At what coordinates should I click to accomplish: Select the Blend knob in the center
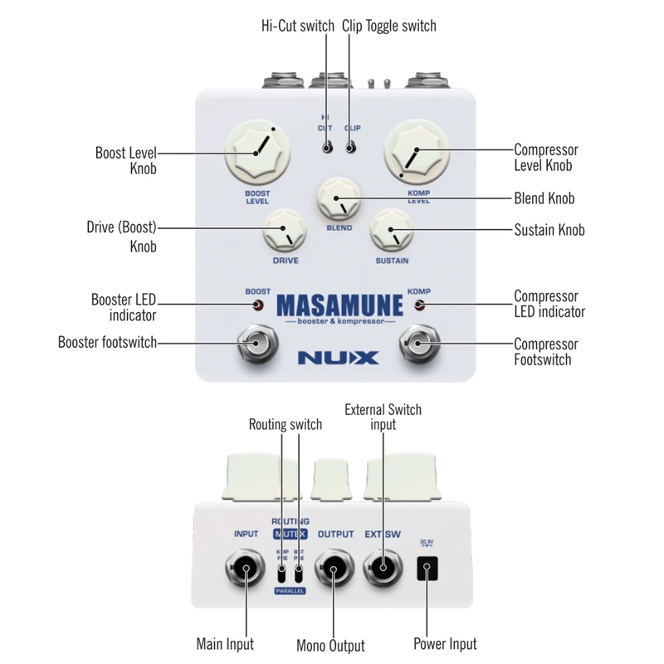coord(336,200)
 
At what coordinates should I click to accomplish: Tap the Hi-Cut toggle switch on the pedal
coord(327,148)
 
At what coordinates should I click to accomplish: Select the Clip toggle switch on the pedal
coord(350,148)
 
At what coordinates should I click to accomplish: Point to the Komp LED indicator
coord(418,305)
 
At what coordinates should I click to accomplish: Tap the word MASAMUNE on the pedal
coord(339,305)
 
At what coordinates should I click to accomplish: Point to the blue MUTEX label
coord(290,535)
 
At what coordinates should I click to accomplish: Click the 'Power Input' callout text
coord(445,643)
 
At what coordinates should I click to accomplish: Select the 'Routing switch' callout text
coord(286,425)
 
